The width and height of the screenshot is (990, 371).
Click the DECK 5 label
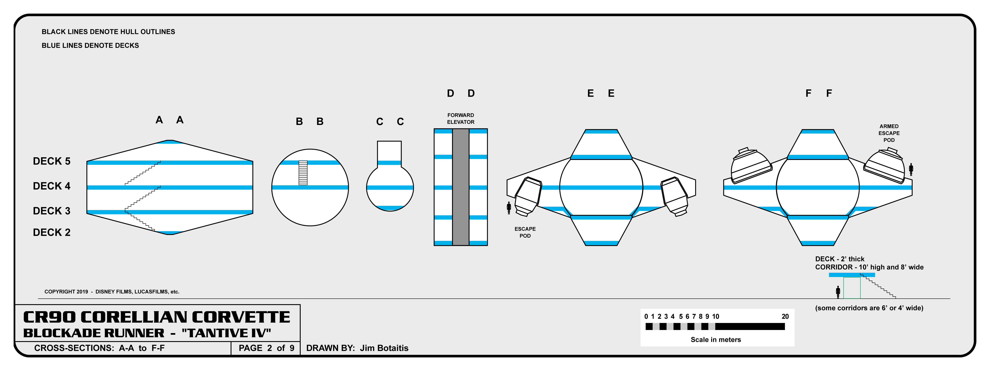pos(52,161)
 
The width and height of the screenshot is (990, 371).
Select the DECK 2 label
pos(52,232)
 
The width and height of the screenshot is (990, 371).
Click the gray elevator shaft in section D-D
pos(460,187)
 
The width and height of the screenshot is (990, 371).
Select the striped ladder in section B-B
pos(303,173)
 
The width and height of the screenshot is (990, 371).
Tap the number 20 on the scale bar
pos(785,316)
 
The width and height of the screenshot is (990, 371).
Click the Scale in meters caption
pos(716,339)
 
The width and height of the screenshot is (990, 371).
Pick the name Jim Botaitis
pos(384,348)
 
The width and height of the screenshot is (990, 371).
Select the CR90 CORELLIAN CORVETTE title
pos(156,317)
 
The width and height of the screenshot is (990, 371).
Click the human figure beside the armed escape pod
pos(911,169)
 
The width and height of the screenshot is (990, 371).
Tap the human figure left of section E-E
pos(509,208)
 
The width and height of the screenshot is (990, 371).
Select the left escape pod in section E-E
pos(527,196)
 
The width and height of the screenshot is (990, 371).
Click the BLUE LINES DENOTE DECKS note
pos(90,45)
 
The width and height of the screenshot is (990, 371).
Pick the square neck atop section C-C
pos(389,153)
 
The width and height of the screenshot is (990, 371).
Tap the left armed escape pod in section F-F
pos(750,166)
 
